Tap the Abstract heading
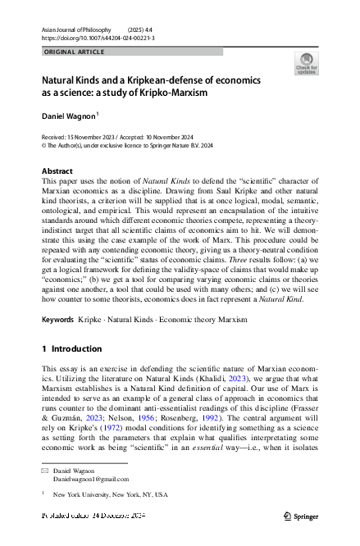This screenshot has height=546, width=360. tap(57, 171)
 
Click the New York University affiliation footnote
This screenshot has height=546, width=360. tap(110, 495)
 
